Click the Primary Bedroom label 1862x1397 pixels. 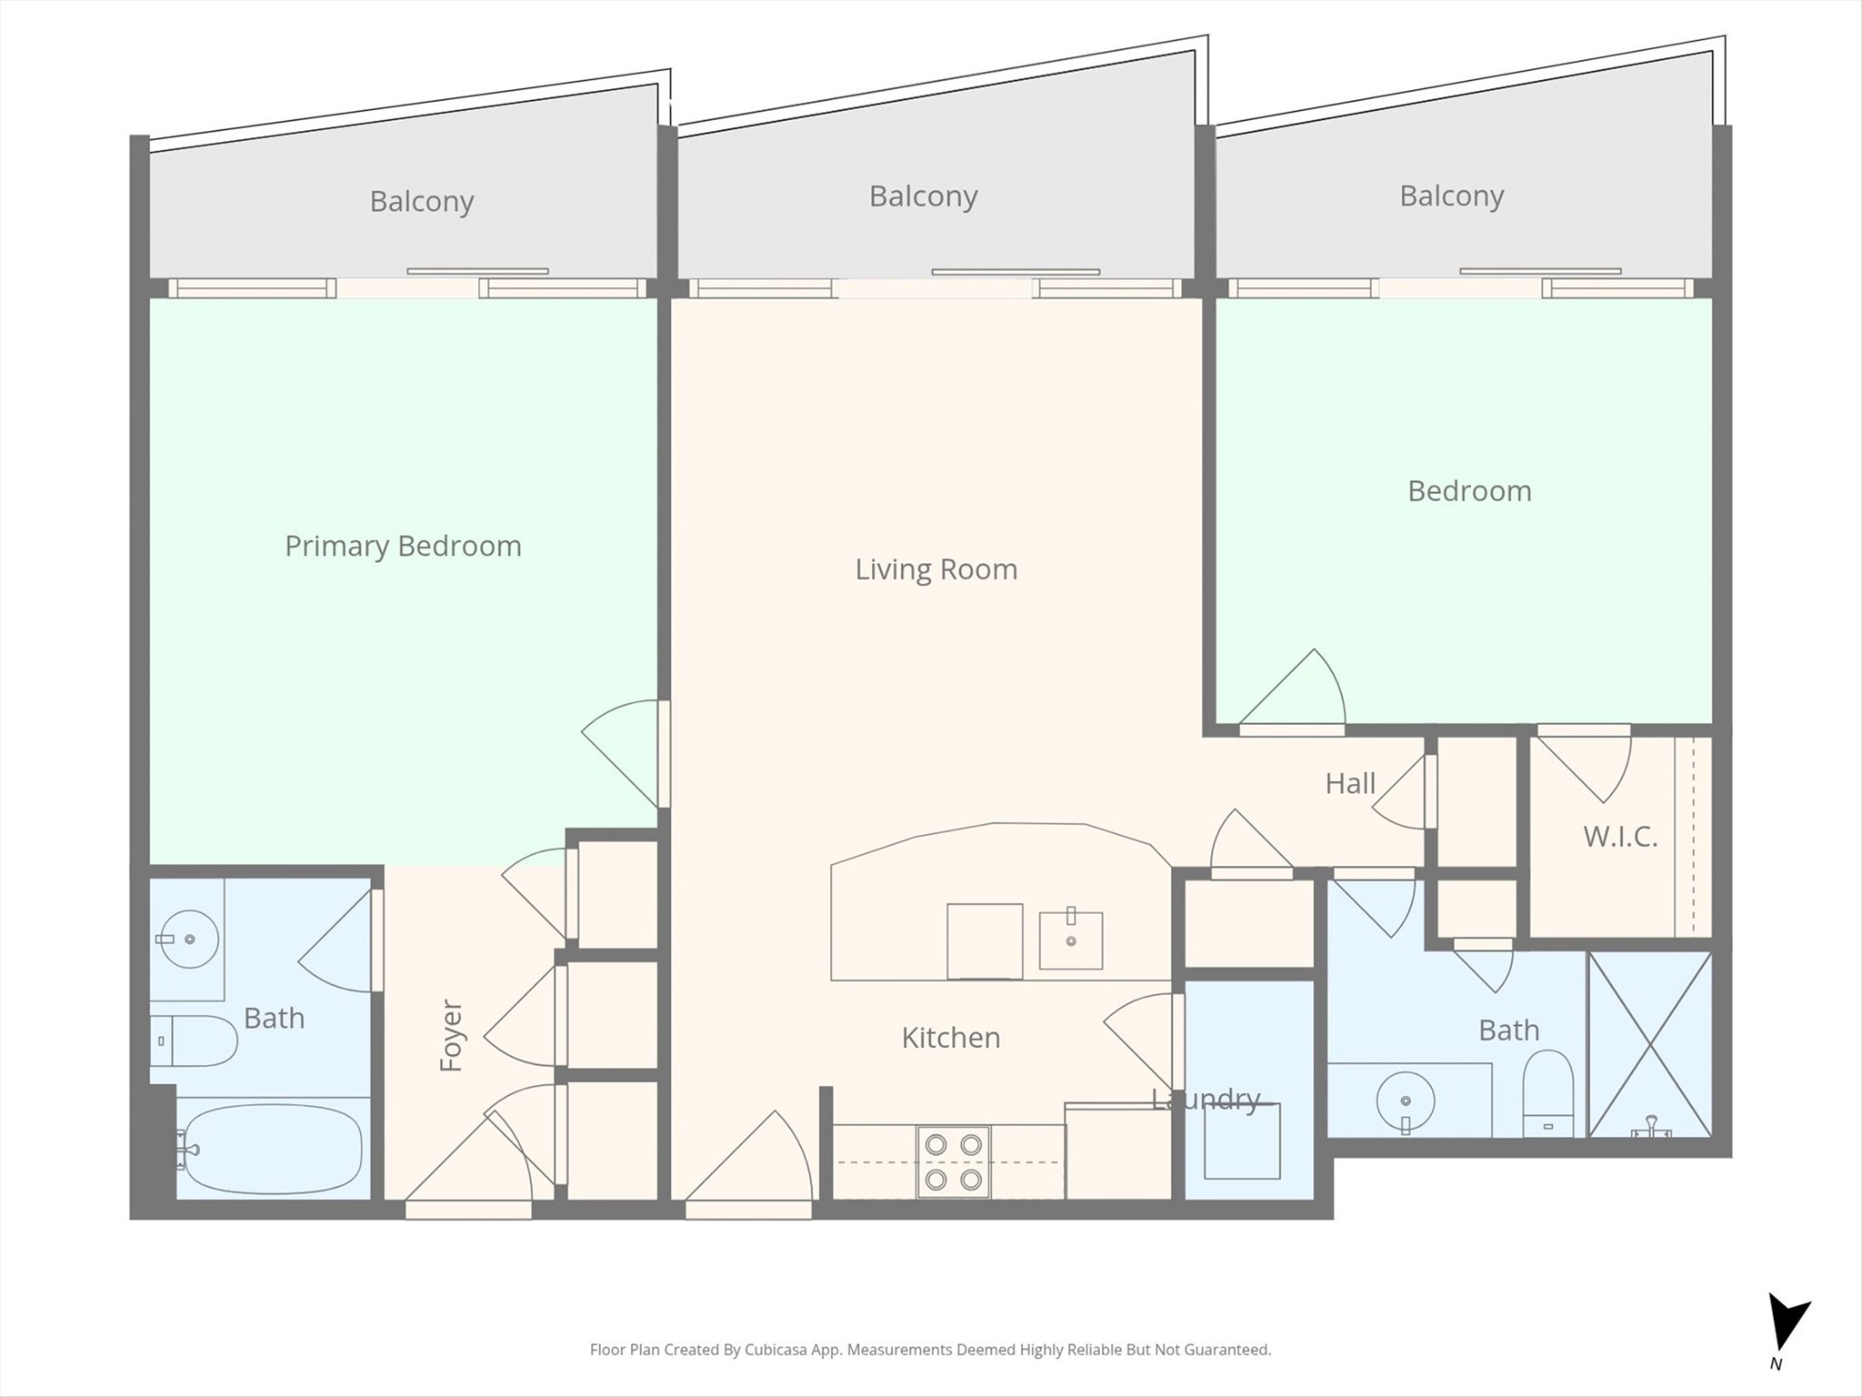tap(403, 546)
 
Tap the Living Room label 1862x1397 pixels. tap(936, 569)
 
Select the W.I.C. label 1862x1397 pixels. tap(1620, 837)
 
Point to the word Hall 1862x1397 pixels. tap(1350, 783)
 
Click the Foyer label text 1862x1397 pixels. tap(451, 1035)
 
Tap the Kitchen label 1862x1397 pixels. tap(951, 1038)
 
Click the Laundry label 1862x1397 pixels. tap(1206, 1100)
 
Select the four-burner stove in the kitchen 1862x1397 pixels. tap(954, 1161)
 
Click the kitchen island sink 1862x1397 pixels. tap(1071, 939)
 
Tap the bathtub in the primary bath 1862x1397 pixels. tap(269, 1150)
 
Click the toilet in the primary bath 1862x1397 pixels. tap(194, 1040)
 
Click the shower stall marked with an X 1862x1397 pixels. tap(1649, 1044)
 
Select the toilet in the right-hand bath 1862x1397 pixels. tap(1547, 1093)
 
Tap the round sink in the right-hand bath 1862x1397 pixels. tap(1406, 1102)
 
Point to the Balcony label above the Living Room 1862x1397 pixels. tap(923, 196)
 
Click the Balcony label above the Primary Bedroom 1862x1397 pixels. tap(422, 201)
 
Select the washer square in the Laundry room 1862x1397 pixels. tap(1242, 1141)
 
